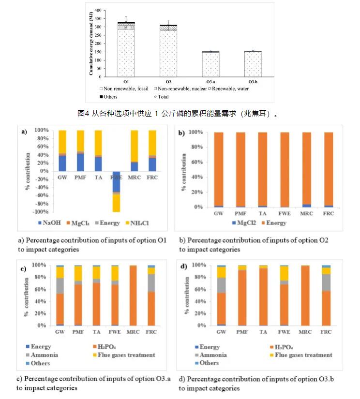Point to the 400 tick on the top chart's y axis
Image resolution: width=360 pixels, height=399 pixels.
(x=98, y=10)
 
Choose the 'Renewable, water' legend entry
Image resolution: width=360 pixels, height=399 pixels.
(x=223, y=89)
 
